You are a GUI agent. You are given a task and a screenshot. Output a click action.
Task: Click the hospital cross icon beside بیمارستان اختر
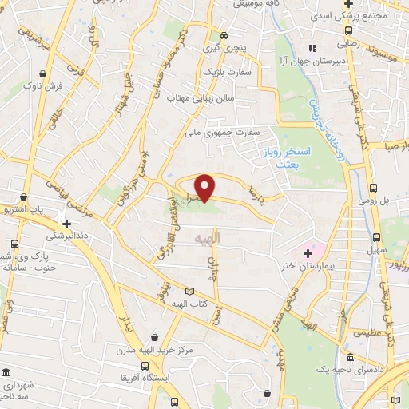pyautogui.click(x=308, y=252)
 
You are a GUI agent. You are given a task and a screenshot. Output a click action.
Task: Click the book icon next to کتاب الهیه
pyautogui.click(x=189, y=292)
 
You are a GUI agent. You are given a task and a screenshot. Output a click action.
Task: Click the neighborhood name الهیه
pyautogui.click(x=229, y=238)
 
